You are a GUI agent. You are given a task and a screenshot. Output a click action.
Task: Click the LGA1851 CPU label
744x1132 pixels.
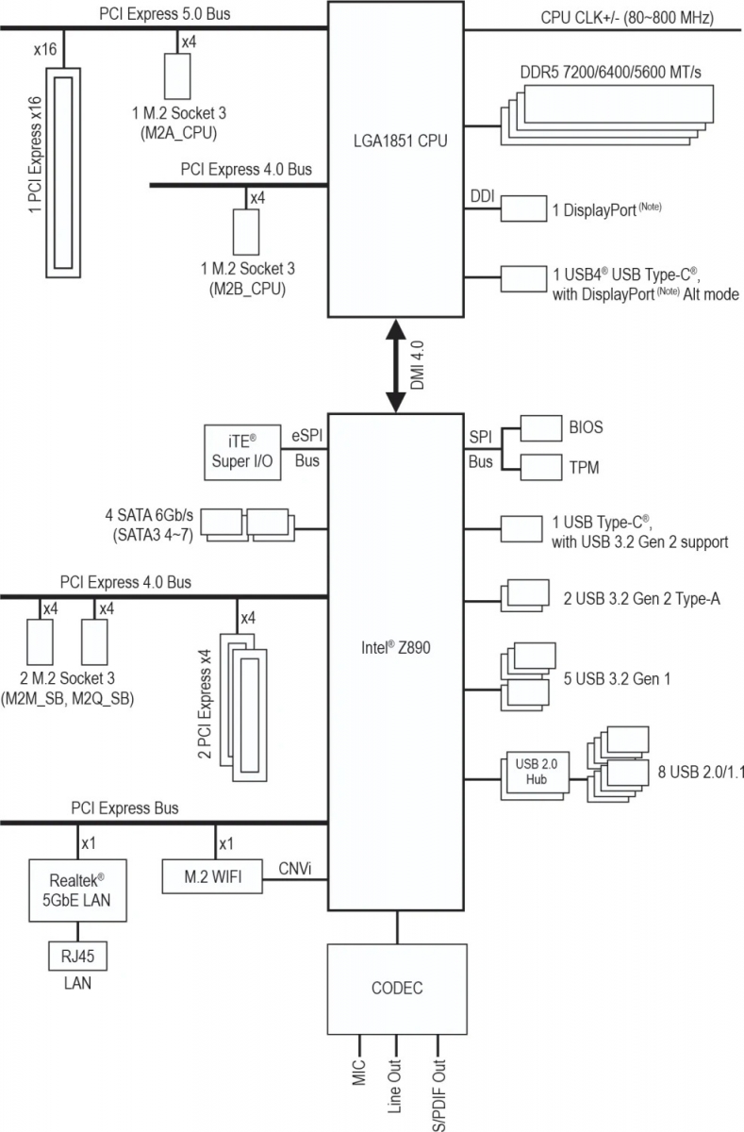click(x=400, y=141)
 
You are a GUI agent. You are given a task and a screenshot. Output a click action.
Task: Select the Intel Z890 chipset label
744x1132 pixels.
click(x=395, y=647)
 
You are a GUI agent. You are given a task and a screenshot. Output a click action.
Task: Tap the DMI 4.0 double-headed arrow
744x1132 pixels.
click(x=396, y=366)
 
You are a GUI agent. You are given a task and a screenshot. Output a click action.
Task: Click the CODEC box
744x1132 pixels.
click(x=397, y=989)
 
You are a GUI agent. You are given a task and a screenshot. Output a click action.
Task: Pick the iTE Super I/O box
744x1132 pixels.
click(x=242, y=452)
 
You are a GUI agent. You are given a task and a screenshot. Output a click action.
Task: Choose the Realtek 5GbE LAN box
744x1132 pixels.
click(x=77, y=890)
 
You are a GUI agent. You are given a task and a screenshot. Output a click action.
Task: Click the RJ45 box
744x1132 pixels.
click(x=77, y=956)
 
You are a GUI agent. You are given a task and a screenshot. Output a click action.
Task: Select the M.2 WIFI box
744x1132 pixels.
click(x=212, y=876)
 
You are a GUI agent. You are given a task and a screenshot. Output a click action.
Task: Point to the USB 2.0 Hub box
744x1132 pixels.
click(x=536, y=773)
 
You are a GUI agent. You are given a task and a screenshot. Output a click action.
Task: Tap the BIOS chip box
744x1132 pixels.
click(x=541, y=428)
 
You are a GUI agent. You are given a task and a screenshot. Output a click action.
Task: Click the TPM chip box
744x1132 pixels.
click(x=541, y=467)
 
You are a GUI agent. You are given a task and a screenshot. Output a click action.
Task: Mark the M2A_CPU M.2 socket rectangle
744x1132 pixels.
click(x=177, y=76)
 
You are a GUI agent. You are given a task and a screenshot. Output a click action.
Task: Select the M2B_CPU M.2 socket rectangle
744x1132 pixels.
click(x=246, y=232)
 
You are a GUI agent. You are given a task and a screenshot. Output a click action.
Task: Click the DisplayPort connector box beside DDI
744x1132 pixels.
click(x=523, y=208)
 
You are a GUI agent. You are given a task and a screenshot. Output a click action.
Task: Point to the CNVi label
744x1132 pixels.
click(x=295, y=869)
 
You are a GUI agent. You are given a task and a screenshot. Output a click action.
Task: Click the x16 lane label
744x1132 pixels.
click(x=45, y=49)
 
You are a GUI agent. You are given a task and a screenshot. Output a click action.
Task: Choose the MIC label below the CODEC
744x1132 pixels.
click(x=358, y=1073)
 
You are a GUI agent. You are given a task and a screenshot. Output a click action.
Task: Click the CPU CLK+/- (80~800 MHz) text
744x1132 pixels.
click(x=627, y=18)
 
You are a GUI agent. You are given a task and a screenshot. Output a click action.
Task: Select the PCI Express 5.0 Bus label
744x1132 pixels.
click(x=165, y=13)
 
